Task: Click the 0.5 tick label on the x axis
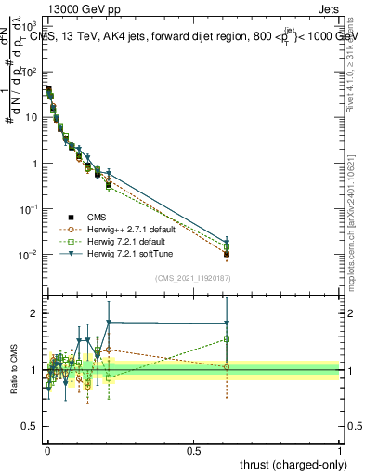[x=194, y=451]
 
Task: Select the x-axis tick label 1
[x=340, y=451]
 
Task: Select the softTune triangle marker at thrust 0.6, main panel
[x=226, y=242]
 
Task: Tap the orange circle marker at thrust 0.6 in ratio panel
[x=226, y=367]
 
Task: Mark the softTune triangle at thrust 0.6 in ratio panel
[x=226, y=323]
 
